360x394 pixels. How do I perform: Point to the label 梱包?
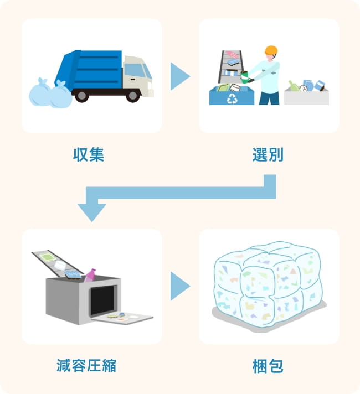click(x=268, y=366)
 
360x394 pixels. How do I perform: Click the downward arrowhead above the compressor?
click(x=92, y=211)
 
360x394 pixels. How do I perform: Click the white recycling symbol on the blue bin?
click(x=232, y=99)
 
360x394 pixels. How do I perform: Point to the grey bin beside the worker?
click(x=306, y=97)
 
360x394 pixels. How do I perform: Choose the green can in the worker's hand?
click(x=244, y=76)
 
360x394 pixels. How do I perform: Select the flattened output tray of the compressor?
click(x=124, y=318)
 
